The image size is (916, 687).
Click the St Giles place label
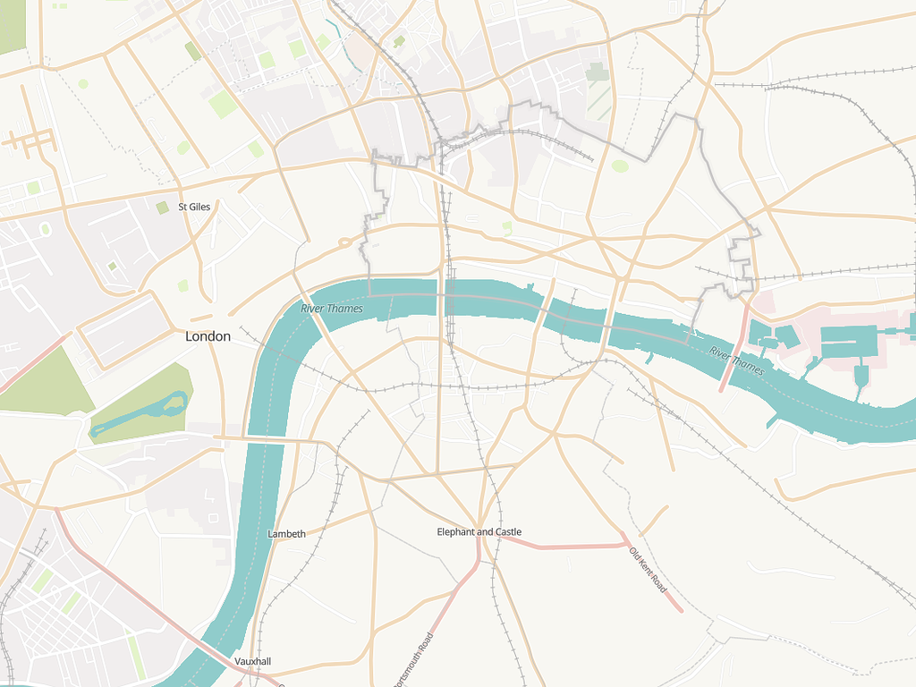[x=194, y=207]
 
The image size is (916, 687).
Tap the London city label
[x=208, y=337]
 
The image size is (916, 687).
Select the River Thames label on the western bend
[x=332, y=309]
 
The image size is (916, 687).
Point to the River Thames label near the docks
[x=736, y=360]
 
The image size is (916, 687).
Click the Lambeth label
[x=286, y=534]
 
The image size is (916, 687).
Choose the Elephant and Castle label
[x=479, y=532]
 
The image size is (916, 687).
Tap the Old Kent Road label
[x=649, y=570]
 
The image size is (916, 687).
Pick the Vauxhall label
[x=252, y=661]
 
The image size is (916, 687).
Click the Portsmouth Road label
[x=413, y=660]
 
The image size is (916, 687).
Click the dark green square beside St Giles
[x=162, y=208]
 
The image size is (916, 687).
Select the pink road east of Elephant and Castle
[x=564, y=546]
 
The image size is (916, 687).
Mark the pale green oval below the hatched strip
[x=620, y=165]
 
